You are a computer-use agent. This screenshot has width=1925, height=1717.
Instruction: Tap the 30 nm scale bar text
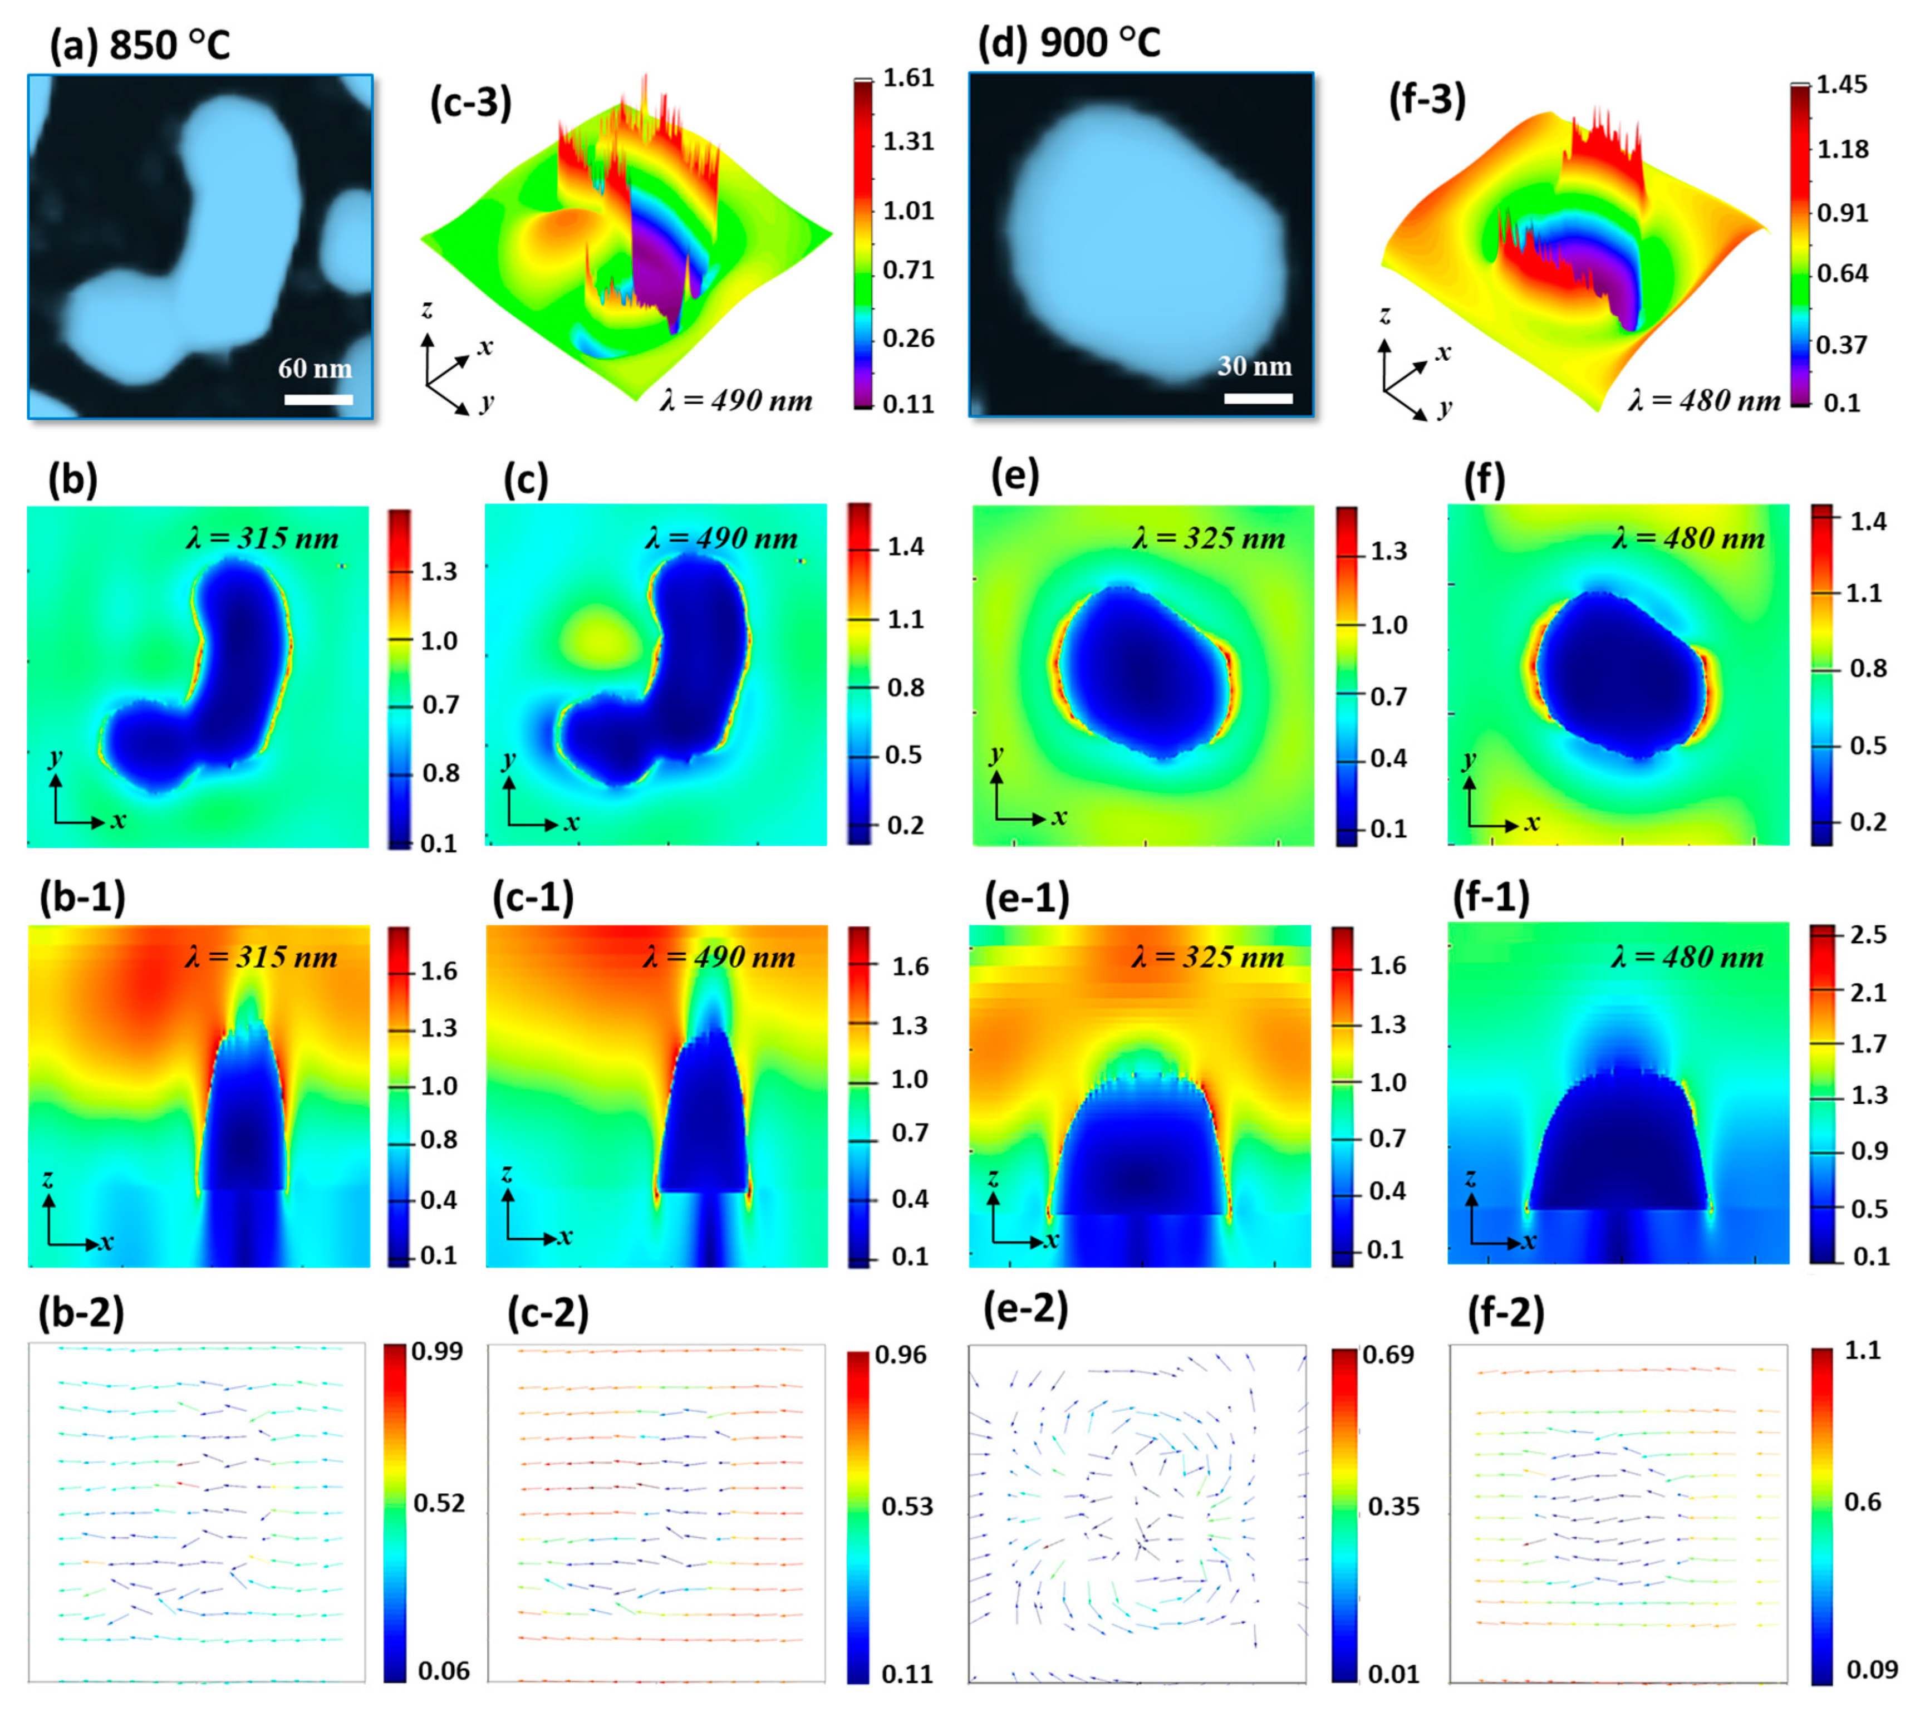pyautogui.click(x=1254, y=366)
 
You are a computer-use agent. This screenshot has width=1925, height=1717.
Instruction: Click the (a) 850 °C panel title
pyautogui.click(x=140, y=45)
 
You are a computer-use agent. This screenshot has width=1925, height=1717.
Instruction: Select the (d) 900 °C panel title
pyautogui.click(x=1069, y=42)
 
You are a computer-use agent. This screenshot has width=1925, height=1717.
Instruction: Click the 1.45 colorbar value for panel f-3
pyautogui.click(x=1841, y=85)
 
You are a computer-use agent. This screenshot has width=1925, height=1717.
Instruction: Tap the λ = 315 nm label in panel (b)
pyautogui.click(x=262, y=539)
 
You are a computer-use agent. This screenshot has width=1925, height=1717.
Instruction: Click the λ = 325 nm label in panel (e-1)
pyautogui.click(x=1207, y=958)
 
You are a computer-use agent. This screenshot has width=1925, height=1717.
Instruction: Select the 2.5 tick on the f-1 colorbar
pyautogui.click(x=1868, y=935)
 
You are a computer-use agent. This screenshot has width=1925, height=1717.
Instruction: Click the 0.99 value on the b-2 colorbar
pyautogui.click(x=436, y=1351)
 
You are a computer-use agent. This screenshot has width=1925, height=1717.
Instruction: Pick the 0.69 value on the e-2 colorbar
pyautogui.click(x=1388, y=1355)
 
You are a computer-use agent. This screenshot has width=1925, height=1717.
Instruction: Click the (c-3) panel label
pyautogui.click(x=470, y=102)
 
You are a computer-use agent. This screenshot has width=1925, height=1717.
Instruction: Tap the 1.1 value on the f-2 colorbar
pyautogui.click(x=1863, y=1351)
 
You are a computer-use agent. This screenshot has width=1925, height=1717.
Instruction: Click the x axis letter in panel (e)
pyautogui.click(x=1059, y=817)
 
